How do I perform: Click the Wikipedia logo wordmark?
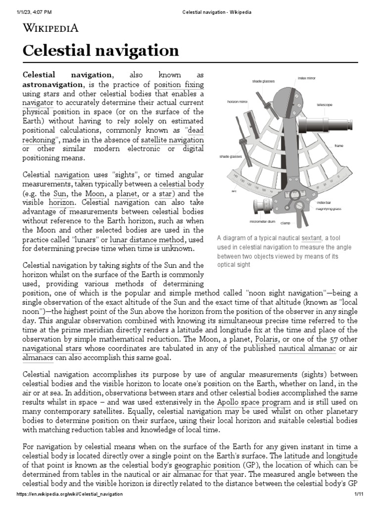51,28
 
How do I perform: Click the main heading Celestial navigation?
101,51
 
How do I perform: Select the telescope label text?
325,105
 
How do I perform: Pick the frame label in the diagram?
338,146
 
